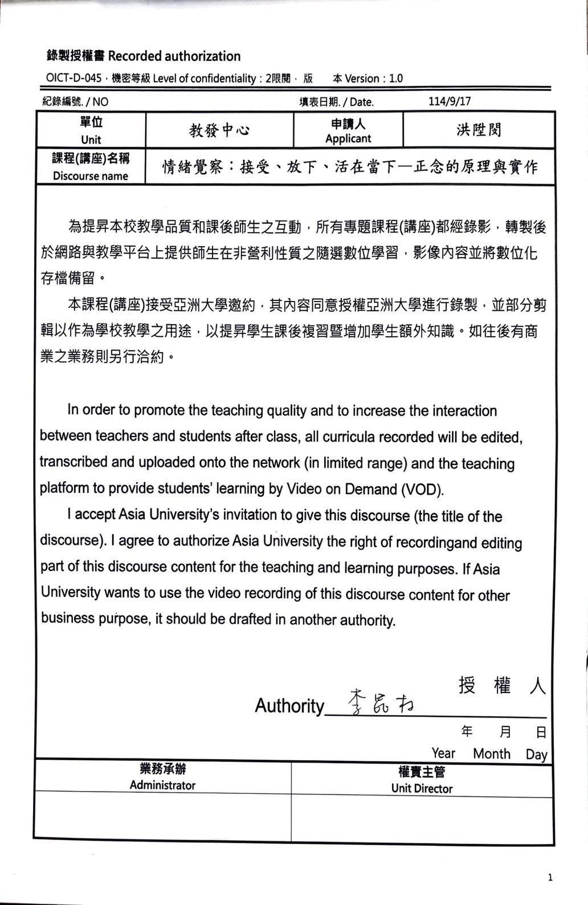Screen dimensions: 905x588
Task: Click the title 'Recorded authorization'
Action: (x=174, y=56)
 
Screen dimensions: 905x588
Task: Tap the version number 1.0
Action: (x=395, y=78)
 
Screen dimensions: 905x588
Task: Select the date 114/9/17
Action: (x=450, y=101)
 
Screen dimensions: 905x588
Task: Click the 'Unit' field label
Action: (x=91, y=139)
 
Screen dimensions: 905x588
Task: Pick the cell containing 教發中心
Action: (x=219, y=131)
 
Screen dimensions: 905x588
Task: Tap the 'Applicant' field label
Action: (x=348, y=138)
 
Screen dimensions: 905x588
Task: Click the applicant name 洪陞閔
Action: (x=479, y=130)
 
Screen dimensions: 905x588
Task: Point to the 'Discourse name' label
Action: (x=91, y=176)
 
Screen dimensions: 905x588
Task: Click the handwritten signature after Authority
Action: (x=381, y=702)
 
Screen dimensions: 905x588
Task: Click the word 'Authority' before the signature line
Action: (x=289, y=706)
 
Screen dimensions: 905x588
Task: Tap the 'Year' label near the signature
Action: (x=443, y=753)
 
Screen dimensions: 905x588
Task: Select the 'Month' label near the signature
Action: (x=492, y=753)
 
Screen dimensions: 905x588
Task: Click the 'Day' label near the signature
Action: (x=536, y=755)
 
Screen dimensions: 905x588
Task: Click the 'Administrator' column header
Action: (x=162, y=785)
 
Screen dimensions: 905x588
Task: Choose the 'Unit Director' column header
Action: (x=422, y=788)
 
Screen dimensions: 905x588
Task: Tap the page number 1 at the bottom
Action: (x=550, y=877)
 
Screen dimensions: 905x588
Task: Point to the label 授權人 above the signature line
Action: (x=502, y=685)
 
